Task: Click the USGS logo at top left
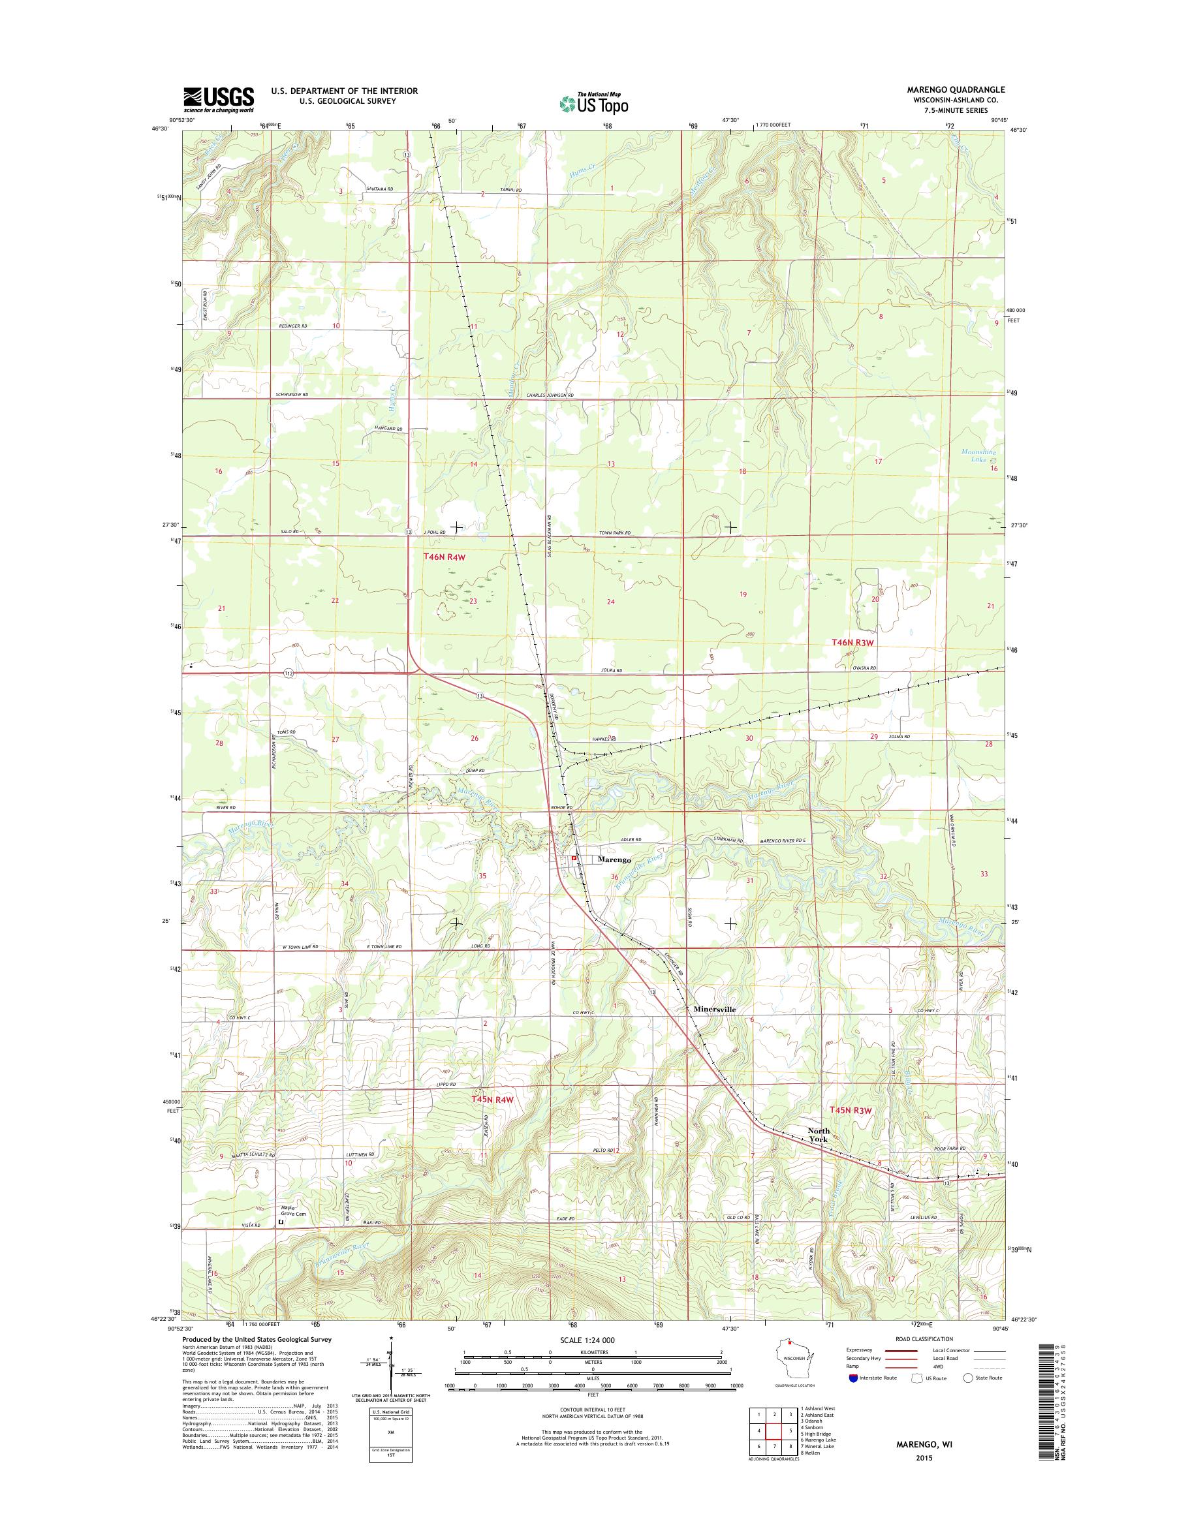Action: tap(219, 99)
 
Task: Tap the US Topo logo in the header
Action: tap(594, 104)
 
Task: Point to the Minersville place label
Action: tap(714, 1008)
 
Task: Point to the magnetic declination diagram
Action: tap(391, 1378)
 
